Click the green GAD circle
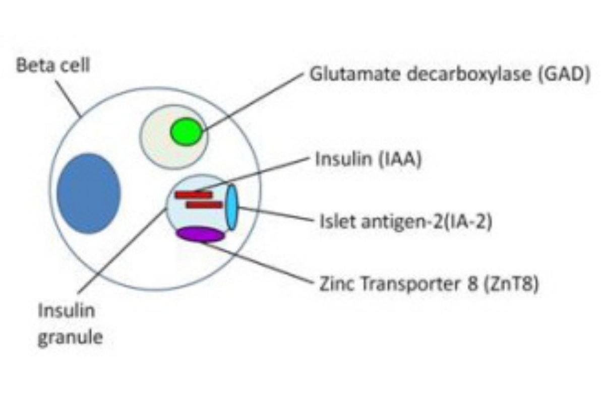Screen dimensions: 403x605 [186, 131]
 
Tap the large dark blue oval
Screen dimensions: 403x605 [88, 193]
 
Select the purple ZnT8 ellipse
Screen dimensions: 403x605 [200, 234]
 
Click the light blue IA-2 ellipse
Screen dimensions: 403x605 [231, 208]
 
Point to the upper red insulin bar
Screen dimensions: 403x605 [194, 194]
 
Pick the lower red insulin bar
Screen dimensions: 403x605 [204, 205]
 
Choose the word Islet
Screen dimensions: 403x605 [333, 221]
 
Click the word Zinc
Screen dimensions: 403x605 [334, 284]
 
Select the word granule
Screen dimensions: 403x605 [70, 337]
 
